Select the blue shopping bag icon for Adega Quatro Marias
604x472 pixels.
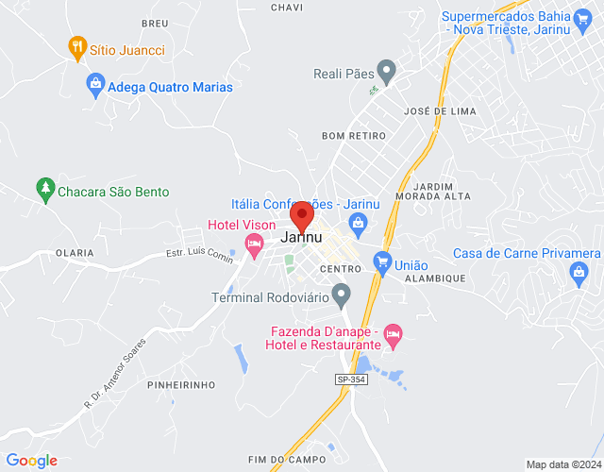pos(94,86)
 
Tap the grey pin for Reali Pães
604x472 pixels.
pos(385,72)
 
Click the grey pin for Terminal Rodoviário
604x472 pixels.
pos(342,295)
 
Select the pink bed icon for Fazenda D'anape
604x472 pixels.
pos(393,333)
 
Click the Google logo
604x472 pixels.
pos(31,461)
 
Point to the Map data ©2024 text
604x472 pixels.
pos(562,464)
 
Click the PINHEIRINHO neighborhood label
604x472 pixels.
pos(181,385)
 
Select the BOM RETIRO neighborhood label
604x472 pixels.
pos(354,136)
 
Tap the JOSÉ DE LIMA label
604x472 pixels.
pos(439,111)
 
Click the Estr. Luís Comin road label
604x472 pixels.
pos(199,254)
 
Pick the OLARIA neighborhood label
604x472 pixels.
pos(75,253)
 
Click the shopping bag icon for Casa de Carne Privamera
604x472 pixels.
pos(579,275)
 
